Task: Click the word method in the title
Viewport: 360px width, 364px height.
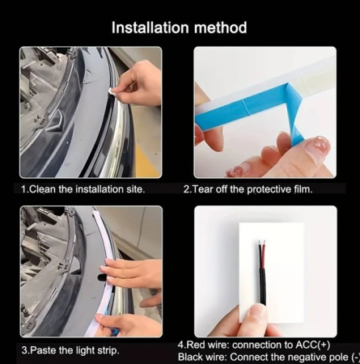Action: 220,28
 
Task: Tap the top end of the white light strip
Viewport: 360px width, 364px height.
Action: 95,213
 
